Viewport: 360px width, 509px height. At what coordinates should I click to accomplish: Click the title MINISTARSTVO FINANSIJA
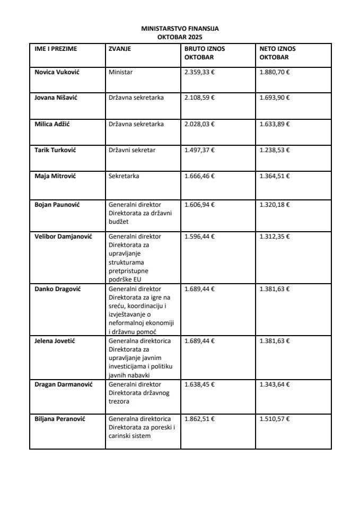click(x=180, y=30)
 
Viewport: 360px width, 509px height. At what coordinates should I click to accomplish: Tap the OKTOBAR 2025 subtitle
click(x=180, y=38)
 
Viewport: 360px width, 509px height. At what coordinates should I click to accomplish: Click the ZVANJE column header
click(x=120, y=49)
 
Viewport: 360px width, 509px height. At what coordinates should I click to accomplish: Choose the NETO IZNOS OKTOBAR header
click(x=278, y=53)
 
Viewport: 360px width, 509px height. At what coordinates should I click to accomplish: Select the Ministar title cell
click(x=120, y=71)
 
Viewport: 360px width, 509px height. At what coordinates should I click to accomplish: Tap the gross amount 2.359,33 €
click(x=199, y=71)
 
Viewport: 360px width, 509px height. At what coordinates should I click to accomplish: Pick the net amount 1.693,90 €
click(x=275, y=98)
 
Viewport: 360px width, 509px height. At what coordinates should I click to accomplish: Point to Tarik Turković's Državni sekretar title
click(x=132, y=151)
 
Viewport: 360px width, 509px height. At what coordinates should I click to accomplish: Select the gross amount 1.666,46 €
click(x=199, y=176)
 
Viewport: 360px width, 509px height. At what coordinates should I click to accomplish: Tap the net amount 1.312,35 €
click(x=275, y=236)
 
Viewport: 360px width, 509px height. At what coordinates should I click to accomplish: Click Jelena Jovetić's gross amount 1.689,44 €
click(x=199, y=340)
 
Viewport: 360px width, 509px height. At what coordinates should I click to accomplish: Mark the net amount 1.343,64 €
click(x=275, y=384)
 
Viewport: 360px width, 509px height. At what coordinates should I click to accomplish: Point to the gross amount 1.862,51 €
click(x=199, y=419)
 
